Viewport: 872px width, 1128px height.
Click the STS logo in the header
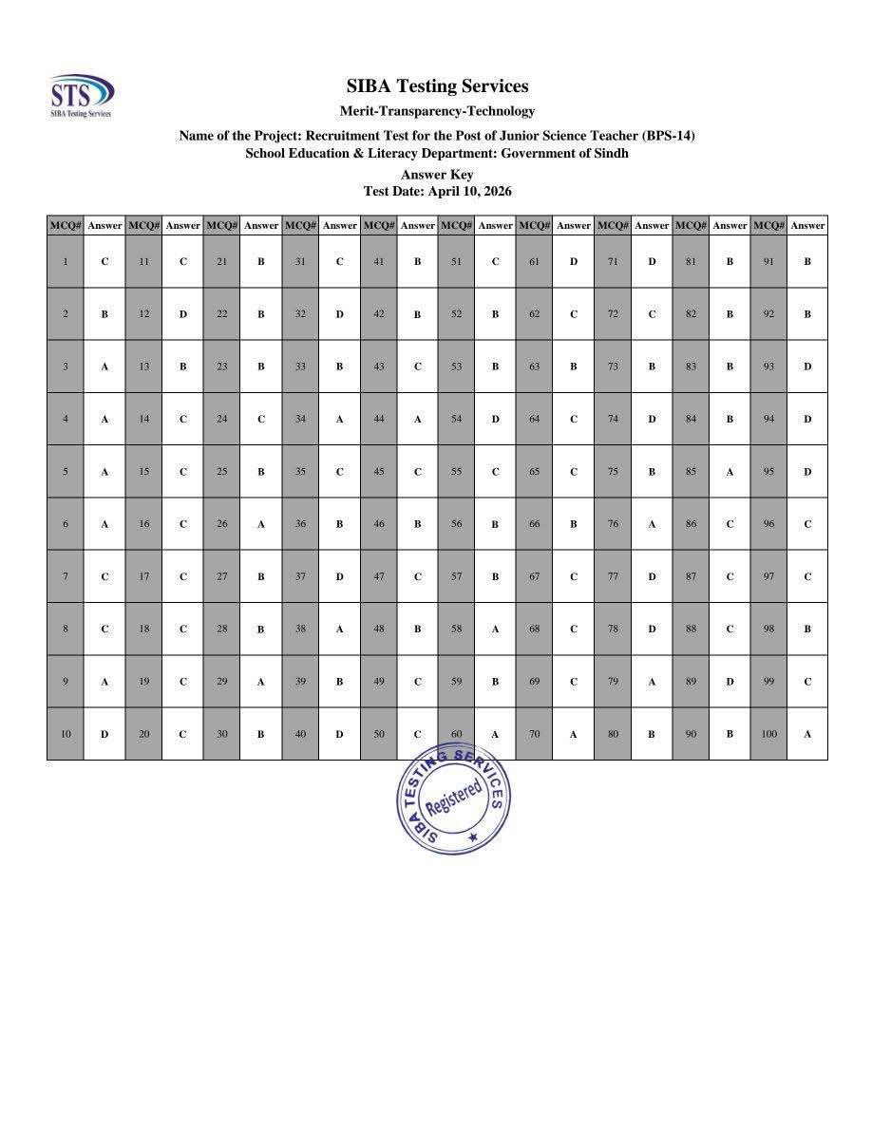tap(82, 95)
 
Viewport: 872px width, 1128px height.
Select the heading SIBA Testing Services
tap(437, 86)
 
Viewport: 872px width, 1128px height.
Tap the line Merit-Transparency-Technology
tap(437, 111)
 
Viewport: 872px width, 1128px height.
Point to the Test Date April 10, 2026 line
tap(437, 191)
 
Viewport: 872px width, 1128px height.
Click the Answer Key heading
tap(437, 175)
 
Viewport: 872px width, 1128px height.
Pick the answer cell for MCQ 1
tap(104, 261)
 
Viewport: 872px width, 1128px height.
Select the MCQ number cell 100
tap(768, 734)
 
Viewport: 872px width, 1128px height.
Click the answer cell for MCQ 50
tap(417, 734)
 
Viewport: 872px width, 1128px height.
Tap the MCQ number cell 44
tap(378, 419)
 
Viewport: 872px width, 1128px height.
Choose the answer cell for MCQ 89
tap(730, 681)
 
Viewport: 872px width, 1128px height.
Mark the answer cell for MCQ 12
tap(182, 314)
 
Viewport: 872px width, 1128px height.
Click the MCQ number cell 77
tap(613, 576)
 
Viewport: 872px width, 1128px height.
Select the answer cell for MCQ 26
tap(261, 524)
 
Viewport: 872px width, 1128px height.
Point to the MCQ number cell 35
tap(300, 471)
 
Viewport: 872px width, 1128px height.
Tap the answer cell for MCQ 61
tap(574, 261)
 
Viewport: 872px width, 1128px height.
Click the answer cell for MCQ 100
tap(807, 734)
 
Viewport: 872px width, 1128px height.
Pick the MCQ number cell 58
tap(456, 629)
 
